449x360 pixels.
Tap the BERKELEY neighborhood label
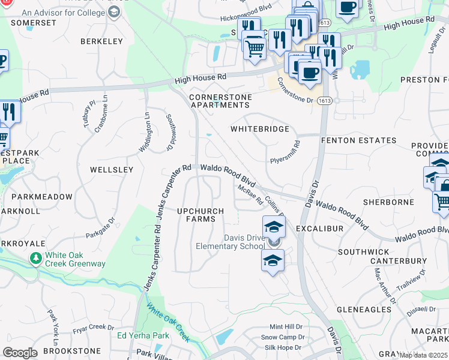click(101, 41)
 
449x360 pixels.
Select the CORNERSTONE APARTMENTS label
click(219, 101)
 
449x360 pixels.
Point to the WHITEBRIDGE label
click(260, 129)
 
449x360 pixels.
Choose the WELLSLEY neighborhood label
click(111, 170)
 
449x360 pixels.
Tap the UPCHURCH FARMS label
click(200, 215)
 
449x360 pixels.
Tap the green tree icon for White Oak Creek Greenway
click(36, 258)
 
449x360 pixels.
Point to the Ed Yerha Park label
click(143, 335)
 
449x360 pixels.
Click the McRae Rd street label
click(250, 194)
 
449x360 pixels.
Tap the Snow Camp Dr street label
click(284, 337)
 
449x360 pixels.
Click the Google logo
click(20, 353)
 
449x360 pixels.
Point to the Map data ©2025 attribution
click(423, 355)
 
